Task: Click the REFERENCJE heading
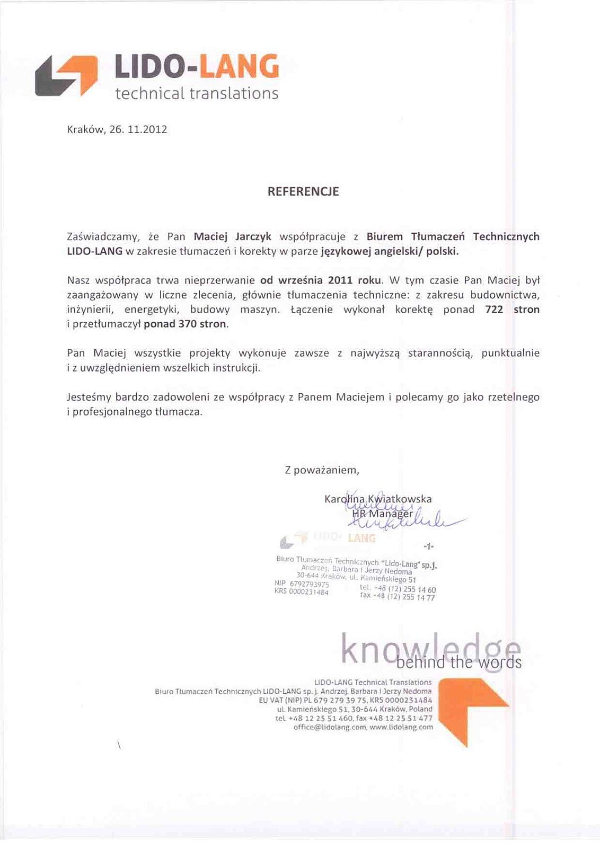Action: [x=303, y=192]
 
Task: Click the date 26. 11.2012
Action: [x=138, y=129]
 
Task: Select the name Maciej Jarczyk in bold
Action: [x=232, y=237]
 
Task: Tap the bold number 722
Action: [x=493, y=310]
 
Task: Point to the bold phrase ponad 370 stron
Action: [x=186, y=324]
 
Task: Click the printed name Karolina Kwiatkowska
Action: [x=377, y=499]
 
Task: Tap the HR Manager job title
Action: [x=382, y=514]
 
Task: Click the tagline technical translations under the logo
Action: [x=196, y=94]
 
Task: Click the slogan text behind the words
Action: [x=459, y=662]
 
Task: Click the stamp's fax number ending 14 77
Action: [x=398, y=597]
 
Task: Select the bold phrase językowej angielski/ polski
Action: [x=390, y=251]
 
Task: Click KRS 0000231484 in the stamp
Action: [x=301, y=592]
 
